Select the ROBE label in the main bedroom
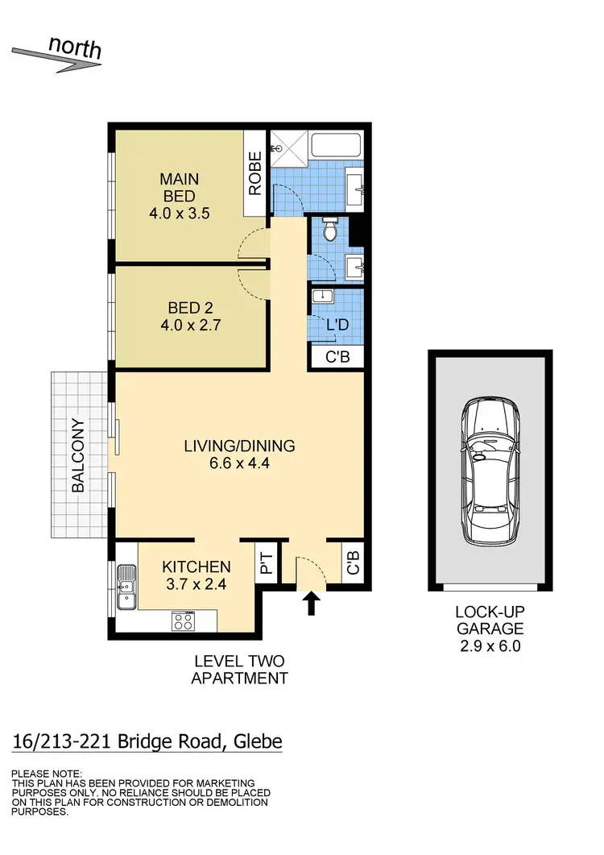255,174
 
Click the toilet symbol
329,231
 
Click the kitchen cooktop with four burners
183,621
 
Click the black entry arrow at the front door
312,602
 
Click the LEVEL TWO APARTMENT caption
239,670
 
